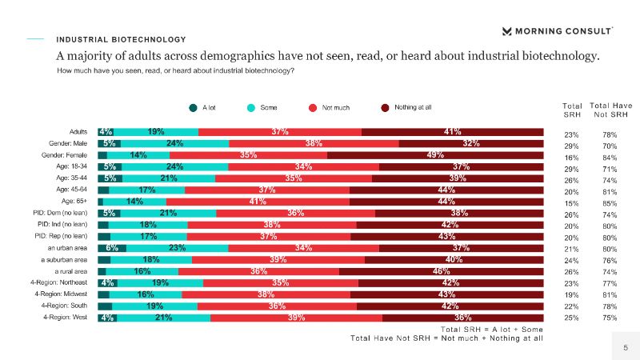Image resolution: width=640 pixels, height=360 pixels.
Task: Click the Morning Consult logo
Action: point(557,31)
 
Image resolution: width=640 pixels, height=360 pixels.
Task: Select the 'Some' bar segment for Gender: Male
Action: point(176,143)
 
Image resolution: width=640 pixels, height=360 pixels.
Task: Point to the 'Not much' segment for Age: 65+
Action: point(258,202)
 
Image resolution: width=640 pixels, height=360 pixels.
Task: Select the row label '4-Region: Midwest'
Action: point(62,294)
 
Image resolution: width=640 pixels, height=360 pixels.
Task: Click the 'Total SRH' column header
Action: point(573,110)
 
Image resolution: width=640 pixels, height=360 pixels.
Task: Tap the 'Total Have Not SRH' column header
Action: point(610,110)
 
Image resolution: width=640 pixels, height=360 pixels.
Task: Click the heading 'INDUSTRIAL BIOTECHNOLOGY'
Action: point(121,39)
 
